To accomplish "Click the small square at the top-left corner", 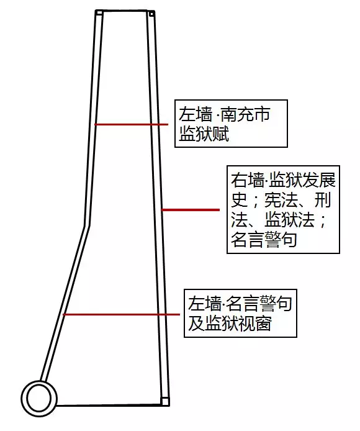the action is pyautogui.click(x=99, y=13).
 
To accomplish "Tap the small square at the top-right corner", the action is pyautogui.click(x=151, y=14).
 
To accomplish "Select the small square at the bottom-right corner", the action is pyautogui.click(x=164, y=401).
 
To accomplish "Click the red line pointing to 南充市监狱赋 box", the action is pyautogui.click(x=131, y=124).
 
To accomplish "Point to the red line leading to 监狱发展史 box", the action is pyautogui.click(x=190, y=210).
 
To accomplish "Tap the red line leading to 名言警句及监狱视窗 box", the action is pyautogui.click(x=121, y=314).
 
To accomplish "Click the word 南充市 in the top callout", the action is pyautogui.click(x=245, y=115).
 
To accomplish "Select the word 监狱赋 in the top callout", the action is pyautogui.click(x=204, y=134).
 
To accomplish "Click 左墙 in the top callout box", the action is pyautogui.click(x=196, y=115).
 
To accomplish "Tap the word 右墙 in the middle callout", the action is pyautogui.click(x=247, y=181).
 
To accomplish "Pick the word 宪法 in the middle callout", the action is pyautogui.click(x=281, y=200).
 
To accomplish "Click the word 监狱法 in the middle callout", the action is pyautogui.click(x=289, y=220).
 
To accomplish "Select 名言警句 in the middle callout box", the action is pyautogui.click(x=264, y=240).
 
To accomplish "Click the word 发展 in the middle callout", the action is pyautogui.click(x=319, y=181).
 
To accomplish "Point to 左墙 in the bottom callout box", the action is pyautogui.click(x=205, y=304).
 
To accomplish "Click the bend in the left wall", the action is pyautogui.click(x=87, y=226).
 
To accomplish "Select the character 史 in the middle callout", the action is pyautogui.click(x=239, y=200).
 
